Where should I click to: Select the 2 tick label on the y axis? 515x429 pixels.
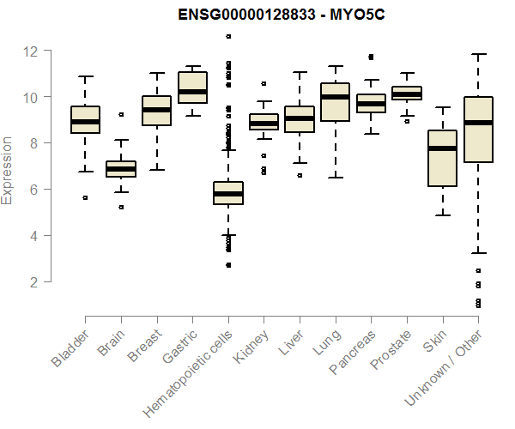point(33,281)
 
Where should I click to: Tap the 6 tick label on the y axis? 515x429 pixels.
point(33,190)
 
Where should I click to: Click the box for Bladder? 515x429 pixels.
point(85,119)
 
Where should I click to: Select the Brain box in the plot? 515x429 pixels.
point(120,168)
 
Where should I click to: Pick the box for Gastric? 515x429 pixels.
point(192,88)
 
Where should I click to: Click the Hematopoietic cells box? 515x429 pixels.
point(228,193)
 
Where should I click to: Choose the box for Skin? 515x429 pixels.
point(442,159)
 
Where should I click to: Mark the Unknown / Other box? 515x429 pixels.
point(477,129)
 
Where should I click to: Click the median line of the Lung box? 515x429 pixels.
point(335,97)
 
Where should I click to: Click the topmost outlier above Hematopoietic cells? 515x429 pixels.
point(228,36)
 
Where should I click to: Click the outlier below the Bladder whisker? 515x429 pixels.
point(85,197)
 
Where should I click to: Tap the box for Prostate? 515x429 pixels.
point(406,93)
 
